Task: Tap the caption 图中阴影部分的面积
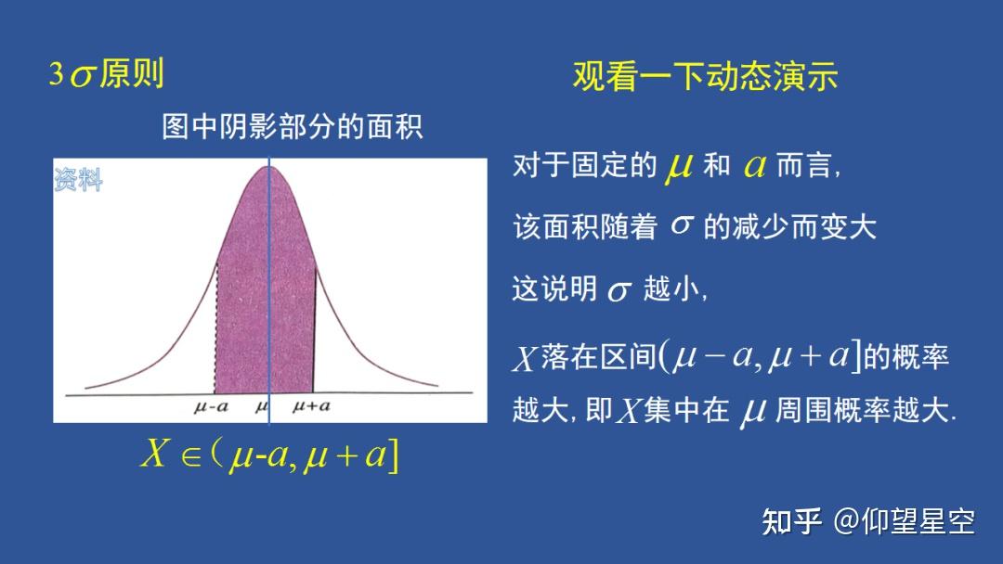click(x=292, y=127)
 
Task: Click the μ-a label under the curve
click(x=211, y=406)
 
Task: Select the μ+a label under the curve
click(x=311, y=406)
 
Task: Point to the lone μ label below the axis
click(x=261, y=406)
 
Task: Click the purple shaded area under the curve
click(x=265, y=297)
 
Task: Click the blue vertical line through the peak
click(x=269, y=278)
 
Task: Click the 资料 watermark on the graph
click(x=78, y=180)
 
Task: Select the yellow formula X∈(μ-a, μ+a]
click(x=269, y=455)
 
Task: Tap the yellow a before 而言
click(x=754, y=167)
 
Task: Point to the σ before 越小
click(x=619, y=291)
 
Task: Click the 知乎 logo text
click(x=791, y=522)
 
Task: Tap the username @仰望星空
click(x=904, y=522)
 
